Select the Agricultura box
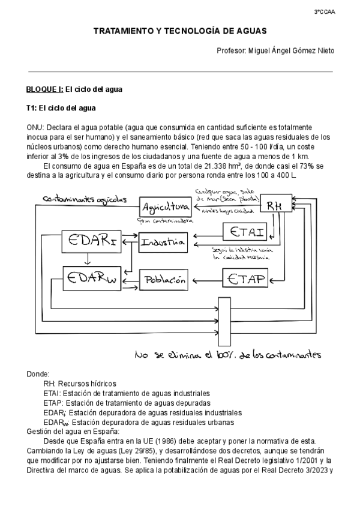click(x=164, y=206)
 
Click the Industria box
click(x=163, y=243)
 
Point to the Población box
click(x=164, y=279)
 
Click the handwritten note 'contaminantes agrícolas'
click(x=84, y=199)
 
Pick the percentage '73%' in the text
click(x=307, y=166)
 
